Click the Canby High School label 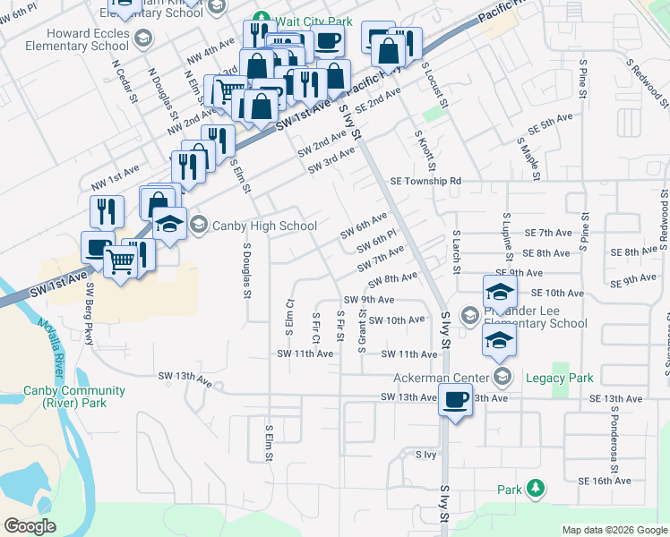pyautogui.click(x=264, y=226)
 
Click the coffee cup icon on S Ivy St pyautogui.click(x=455, y=399)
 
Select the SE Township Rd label pyautogui.click(x=425, y=181)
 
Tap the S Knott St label pyautogui.click(x=424, y=149)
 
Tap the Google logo pyautogui.click(x=30, y=526)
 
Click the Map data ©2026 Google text pyautogui.click(x=614, y=530)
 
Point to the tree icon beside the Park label pyautogui.click(x=535, y=488)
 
